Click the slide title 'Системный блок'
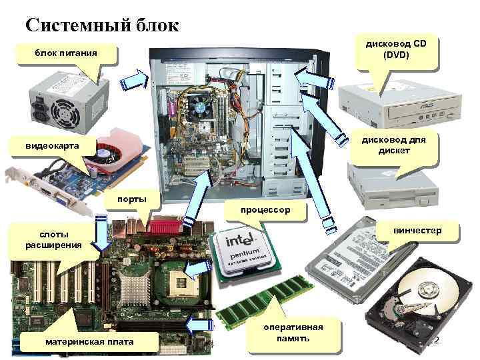click(x=102, y=25)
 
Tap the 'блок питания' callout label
click(x=66, y=53)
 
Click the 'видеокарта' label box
click(x=52, y=145)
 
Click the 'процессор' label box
click(x=266, y=210)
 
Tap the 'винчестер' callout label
click(x=417, y=231)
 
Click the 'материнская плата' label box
click(x=89, y=342)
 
